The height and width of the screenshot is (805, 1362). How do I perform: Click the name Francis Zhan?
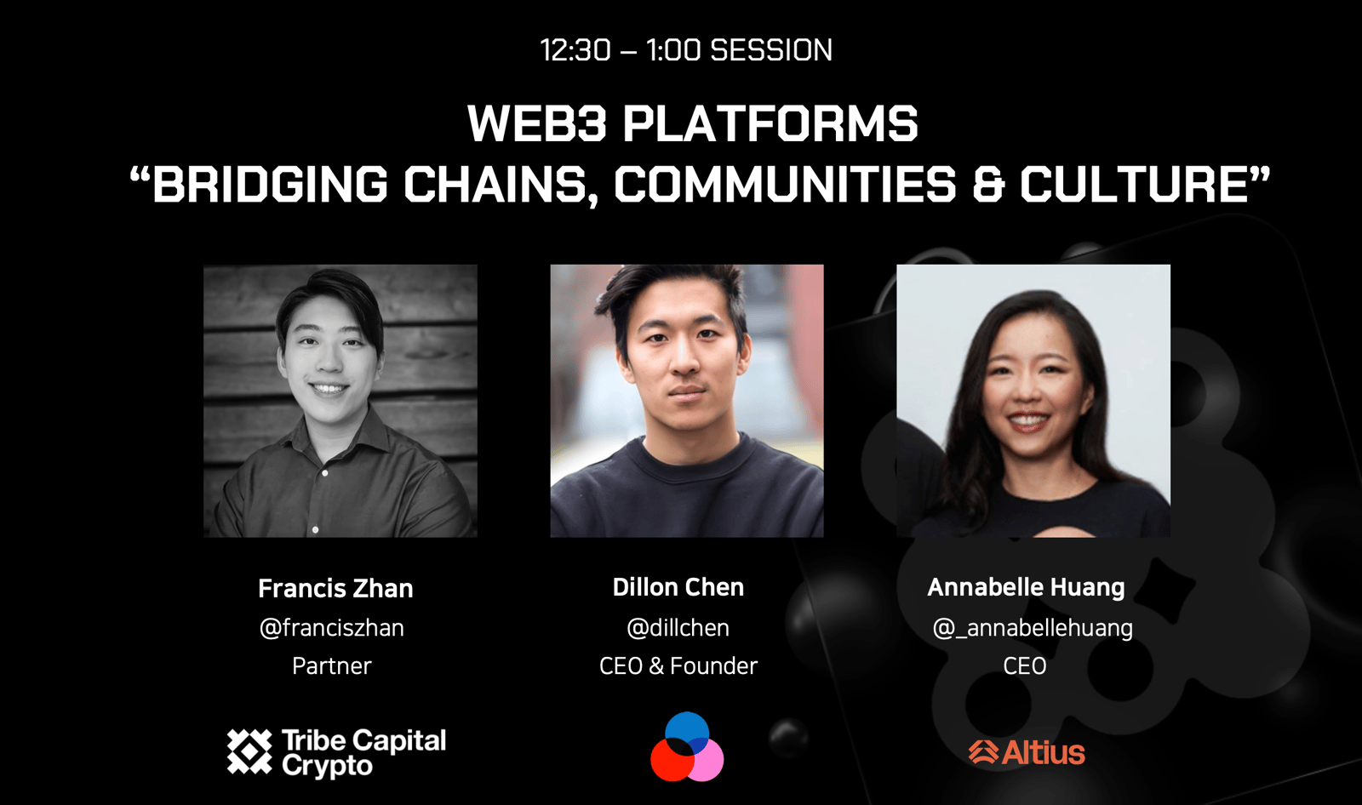coord(335,589)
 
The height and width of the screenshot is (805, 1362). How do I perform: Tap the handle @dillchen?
coord(678,628)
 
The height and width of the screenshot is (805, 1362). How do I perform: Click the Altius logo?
coord(1027,752)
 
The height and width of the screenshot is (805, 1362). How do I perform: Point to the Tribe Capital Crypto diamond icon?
coord(250,751)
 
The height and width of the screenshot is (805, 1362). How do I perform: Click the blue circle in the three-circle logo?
coord(687,734)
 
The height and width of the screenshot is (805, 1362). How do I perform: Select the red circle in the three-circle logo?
coord(672,759)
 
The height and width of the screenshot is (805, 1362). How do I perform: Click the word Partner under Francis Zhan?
coord(331,665)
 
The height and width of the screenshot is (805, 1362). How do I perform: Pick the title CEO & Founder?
coord(678,665)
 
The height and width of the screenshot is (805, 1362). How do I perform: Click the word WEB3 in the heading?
coord(537,124)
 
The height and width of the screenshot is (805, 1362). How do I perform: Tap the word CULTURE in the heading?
coord(1135,184)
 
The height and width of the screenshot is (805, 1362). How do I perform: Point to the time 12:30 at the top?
coord(575,50)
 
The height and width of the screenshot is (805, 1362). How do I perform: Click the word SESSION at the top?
coord(771,50)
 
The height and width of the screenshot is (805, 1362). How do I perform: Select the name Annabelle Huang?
coord(1027,587)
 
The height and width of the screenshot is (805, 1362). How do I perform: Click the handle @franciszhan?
coord(331,628)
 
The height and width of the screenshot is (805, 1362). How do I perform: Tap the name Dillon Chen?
coord(678,587)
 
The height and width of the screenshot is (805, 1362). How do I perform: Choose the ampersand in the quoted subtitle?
coord(988,184)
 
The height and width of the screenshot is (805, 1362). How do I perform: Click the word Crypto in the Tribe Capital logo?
coord(327,766)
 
